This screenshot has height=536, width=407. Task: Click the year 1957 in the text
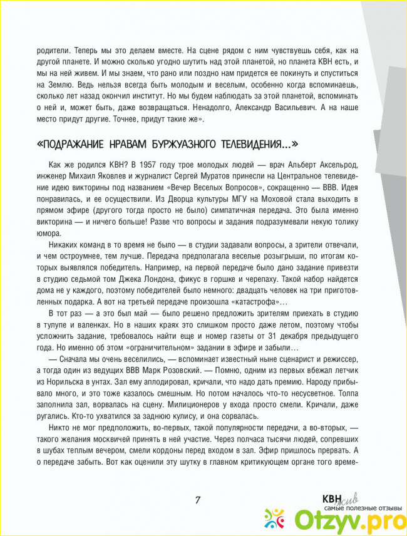tap(162, 165)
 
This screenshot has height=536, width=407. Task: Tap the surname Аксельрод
tap(335, 165)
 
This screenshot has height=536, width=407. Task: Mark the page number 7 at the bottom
tap(197, 500)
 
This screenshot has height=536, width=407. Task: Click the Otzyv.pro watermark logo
tap(341, 517)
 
